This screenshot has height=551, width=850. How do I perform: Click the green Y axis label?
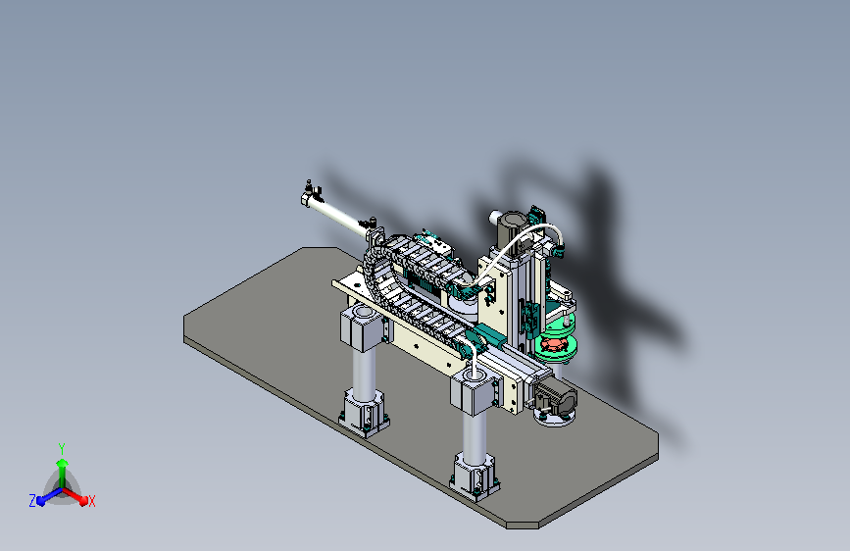pos(62,448)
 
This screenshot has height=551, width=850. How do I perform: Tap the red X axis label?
pos(91,501)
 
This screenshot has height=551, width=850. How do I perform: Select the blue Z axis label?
pos(32,501)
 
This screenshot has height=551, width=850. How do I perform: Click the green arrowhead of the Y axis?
pos(63,463)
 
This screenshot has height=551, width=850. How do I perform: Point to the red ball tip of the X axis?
pos(83,501)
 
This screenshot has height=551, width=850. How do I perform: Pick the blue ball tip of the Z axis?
pos(42,501)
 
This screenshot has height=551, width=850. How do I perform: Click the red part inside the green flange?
pos(554,344)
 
